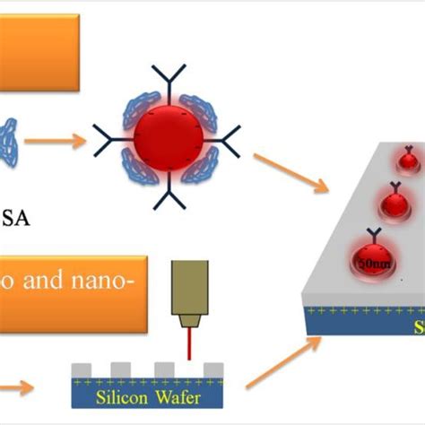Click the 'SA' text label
pyautogui.click(x=20, y=218)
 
